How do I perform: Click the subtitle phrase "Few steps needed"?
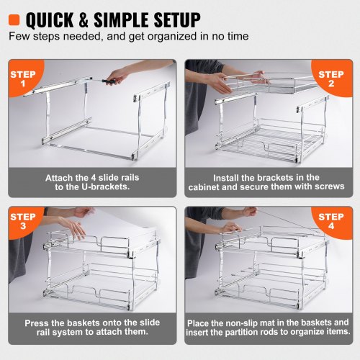[x=47, y=35]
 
